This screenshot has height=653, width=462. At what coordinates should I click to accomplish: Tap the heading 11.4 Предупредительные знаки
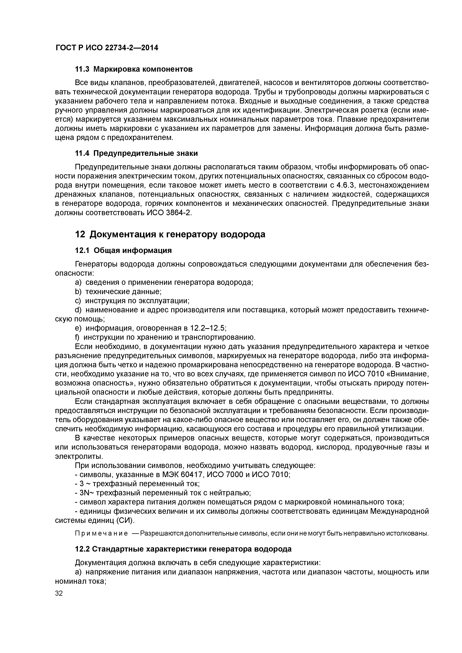136,153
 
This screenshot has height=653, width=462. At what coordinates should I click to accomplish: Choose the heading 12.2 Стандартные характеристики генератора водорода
183,549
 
